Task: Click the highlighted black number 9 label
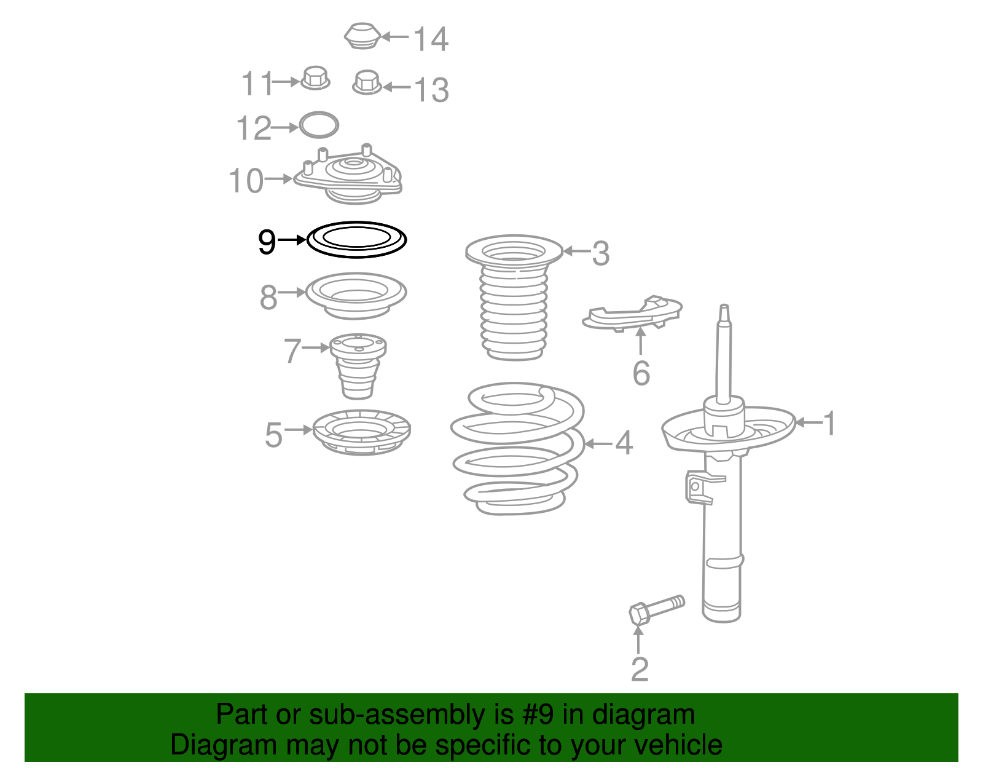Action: (267, 242)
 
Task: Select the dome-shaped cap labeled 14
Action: (362, 36)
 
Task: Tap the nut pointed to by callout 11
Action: (315, 78)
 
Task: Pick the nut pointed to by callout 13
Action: (367, 82)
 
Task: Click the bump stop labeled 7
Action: (358, 366)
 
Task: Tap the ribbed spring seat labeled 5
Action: (361, 432)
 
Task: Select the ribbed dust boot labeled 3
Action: (514, 297)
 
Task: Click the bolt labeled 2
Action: (657, 609)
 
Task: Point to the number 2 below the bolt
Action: (640, 669)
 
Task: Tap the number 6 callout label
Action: (641, 373)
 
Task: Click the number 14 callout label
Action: (431, 39)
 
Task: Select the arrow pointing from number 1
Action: (809, 422)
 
